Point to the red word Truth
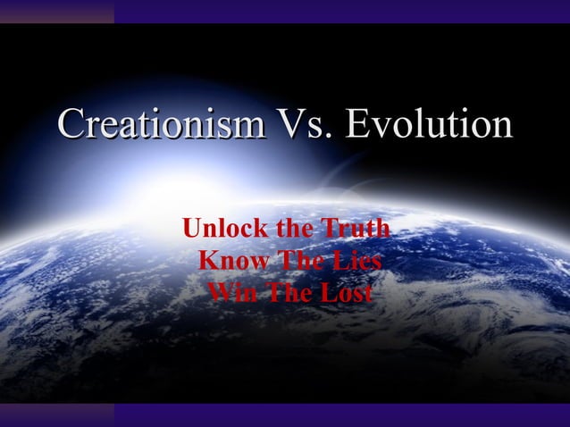tap(356, 230)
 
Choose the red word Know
tap(226, 262)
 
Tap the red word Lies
tap(356, 262)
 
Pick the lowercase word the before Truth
tap(294, 230)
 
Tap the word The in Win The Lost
tap(285, 293)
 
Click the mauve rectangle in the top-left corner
tap(56, 11)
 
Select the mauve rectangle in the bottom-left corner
tap(56, 414)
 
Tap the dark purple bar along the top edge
tap(339, 11)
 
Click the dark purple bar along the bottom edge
tap(339, 414)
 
